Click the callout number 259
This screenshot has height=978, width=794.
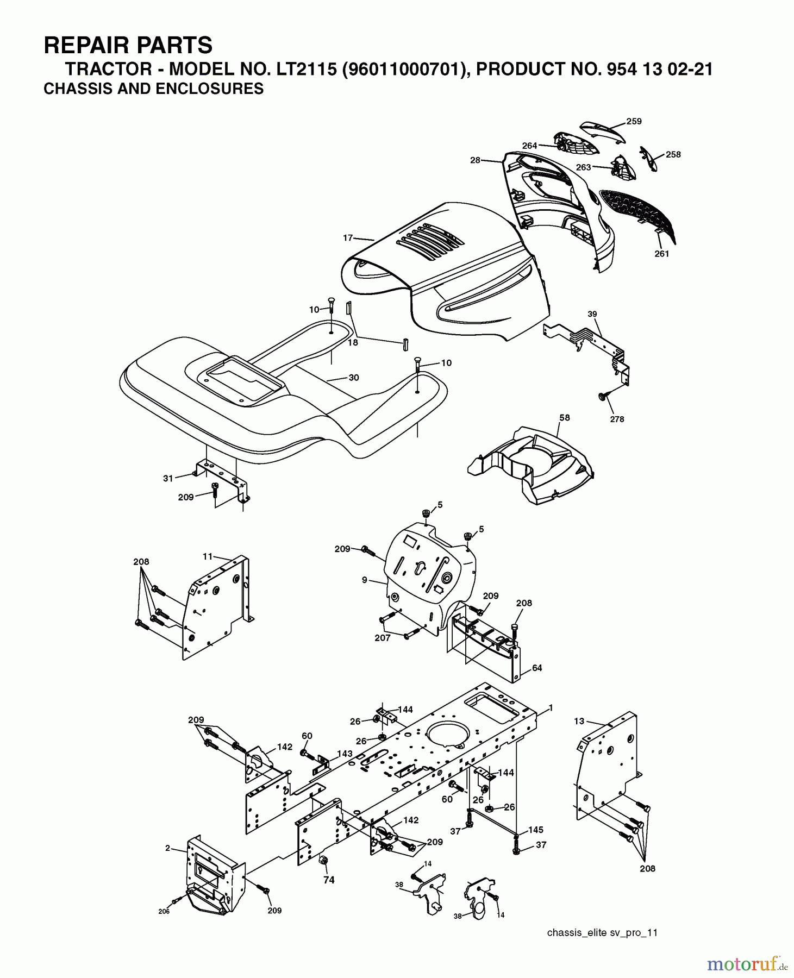[x=634, y=121]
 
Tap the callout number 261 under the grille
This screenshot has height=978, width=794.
[x=661, y=254]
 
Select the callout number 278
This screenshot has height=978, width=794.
[x=617, y=419]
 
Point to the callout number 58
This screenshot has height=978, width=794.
[x=565, y=417]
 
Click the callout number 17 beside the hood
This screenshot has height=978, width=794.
[x=348, y=237]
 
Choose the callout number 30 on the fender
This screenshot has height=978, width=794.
[x=354, y=377]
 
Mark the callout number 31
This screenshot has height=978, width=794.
[x=168, y=478]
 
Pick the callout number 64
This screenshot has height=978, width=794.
[x=537, y=668]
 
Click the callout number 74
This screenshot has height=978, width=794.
[x=329, y=880]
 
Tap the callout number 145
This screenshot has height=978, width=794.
[x=535, y=830]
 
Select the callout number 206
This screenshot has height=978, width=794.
[x=164, y=911]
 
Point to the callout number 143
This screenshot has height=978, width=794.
[x=345, y=754]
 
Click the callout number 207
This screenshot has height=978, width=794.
[x=383, y=638]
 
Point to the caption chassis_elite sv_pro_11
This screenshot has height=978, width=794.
[x=602, y=932]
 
